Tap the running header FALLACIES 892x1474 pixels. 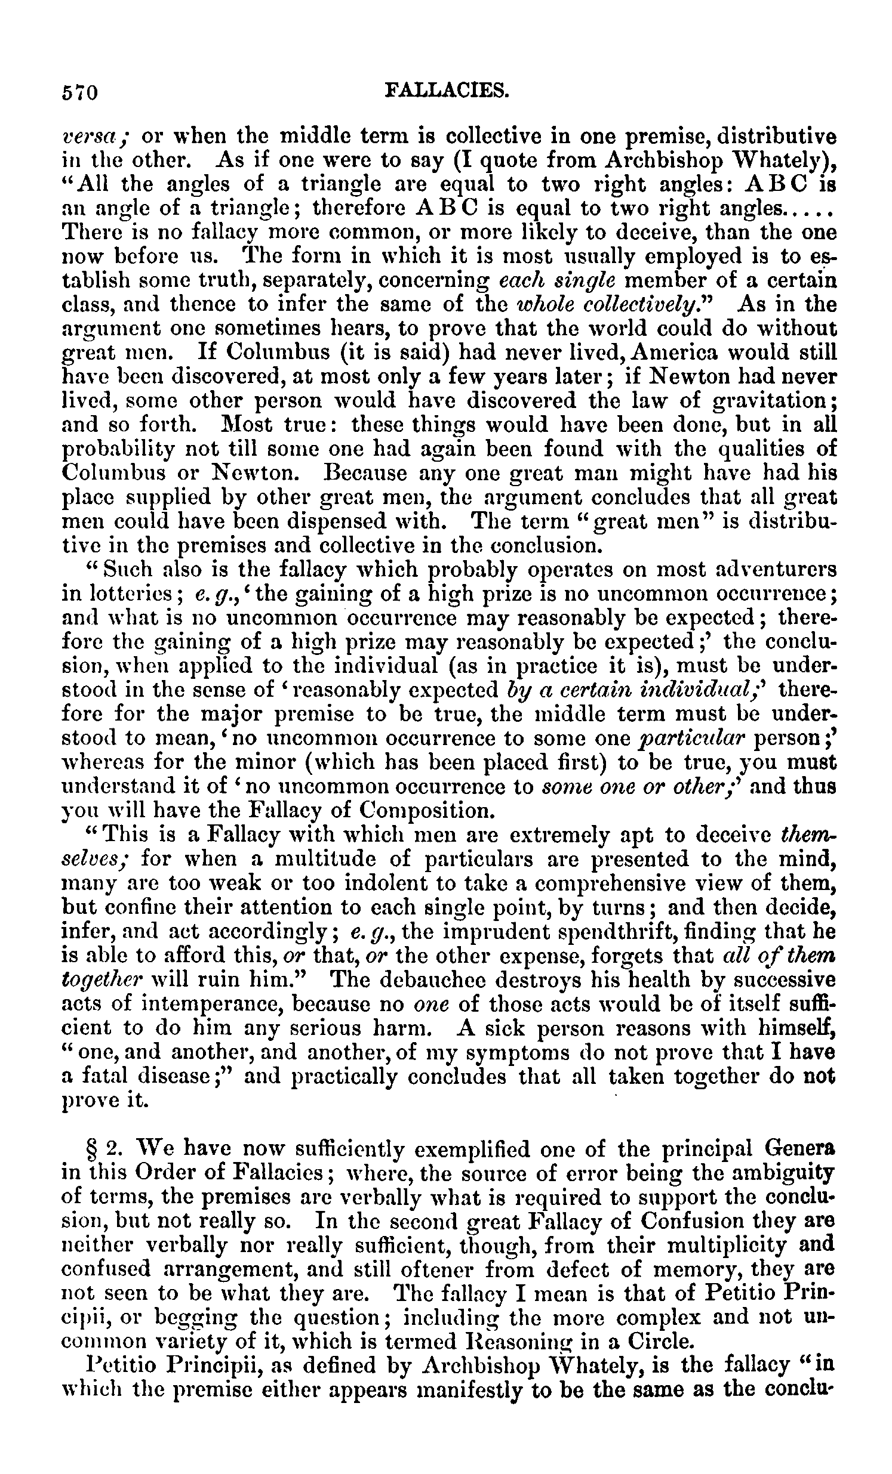coord(447,89)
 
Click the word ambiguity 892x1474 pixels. coord(785,1174)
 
